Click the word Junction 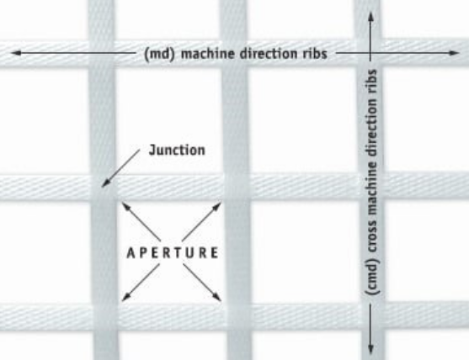177,151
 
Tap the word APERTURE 173,253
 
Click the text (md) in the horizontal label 159,55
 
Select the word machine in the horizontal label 208,54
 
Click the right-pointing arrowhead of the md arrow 454,53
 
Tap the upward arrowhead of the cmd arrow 370,17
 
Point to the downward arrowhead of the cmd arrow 370,348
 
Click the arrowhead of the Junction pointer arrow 105,183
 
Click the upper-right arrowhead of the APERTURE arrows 217,206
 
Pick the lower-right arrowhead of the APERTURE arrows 217,297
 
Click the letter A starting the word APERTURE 131,253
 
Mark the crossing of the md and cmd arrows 370,53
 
